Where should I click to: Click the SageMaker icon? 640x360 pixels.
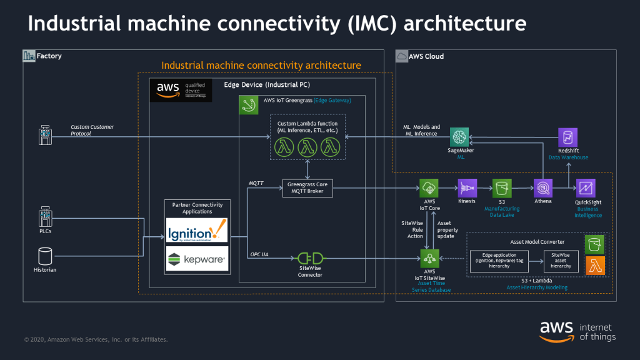460,137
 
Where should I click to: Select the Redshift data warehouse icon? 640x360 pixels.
567,137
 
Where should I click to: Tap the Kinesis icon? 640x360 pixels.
467,187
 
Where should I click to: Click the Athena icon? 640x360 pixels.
542,187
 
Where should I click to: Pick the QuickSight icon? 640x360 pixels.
586,187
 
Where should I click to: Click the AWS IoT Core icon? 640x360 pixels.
429,187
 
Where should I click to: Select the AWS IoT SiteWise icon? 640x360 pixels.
429,257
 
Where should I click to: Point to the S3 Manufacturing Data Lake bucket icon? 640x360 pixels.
501,187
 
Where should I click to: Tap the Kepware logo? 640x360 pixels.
197,258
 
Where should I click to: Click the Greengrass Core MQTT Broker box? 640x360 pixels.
307,188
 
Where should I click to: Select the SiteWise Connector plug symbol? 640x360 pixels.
310,257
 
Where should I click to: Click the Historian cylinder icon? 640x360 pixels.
44,256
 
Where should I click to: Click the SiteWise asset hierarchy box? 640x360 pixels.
561,261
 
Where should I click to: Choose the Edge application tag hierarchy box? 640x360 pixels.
500,261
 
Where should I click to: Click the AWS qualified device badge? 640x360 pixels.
181,91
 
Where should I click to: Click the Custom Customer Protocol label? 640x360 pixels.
92,130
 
